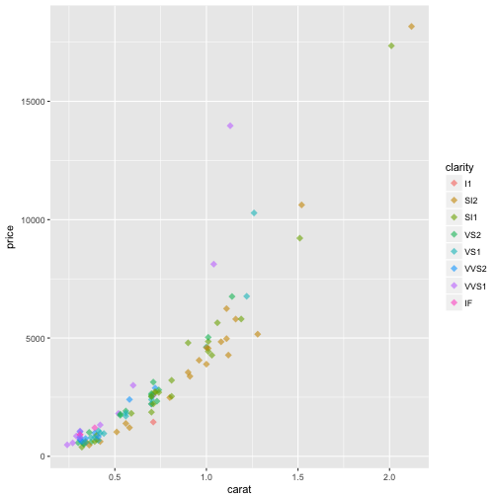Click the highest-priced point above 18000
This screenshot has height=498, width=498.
[412, 27]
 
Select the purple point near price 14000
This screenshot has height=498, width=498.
[230, 125]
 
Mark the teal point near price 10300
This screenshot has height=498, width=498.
[254, 212]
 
